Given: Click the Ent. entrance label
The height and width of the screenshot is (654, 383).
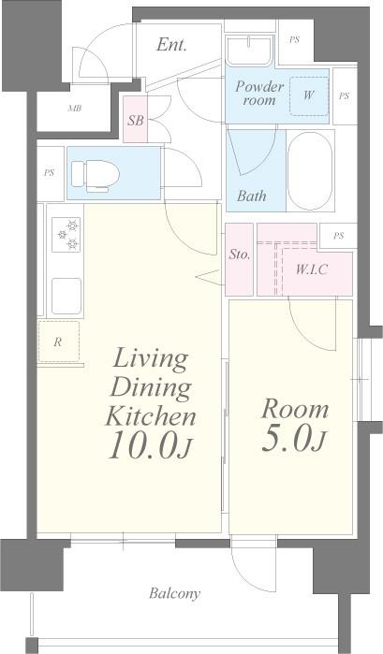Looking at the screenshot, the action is (x=171, y=45).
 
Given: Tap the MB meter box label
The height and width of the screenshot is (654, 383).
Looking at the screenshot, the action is (x=75, y=109).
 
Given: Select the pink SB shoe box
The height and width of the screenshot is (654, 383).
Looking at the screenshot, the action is (x=136, y=119).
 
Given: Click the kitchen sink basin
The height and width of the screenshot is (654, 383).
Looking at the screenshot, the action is (x=66, y=296).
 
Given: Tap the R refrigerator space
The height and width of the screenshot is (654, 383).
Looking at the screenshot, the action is (x=58, y=342).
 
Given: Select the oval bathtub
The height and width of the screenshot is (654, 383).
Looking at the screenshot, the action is (x=310, y=171).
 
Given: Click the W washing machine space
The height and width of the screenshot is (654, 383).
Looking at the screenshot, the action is (x=309, y=95).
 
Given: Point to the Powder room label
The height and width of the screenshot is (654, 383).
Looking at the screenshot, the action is (x=259, y=93).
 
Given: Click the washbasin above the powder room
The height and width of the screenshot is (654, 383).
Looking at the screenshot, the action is (x=249, y=51).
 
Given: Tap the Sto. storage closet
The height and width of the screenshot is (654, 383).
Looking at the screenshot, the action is (x=240, y=259).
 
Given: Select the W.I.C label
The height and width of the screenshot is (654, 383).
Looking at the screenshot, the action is (x=312, y=269).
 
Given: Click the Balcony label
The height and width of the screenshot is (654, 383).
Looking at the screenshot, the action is (x=174, y=593).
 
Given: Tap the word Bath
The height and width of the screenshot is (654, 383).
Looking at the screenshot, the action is (x=252, y=196).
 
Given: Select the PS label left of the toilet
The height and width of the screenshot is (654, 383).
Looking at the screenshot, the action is (x=50, y=173).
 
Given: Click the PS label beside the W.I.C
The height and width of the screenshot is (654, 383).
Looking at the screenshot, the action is (x=338, y=236).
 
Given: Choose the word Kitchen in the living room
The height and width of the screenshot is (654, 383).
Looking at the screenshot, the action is (x=151, y=415).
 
